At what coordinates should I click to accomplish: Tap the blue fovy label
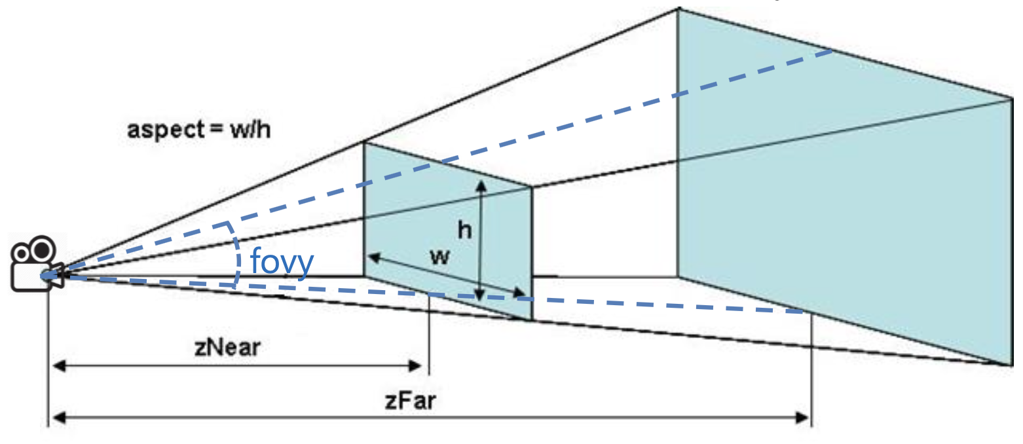click(x=282, y=262)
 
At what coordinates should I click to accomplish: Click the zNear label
click(x=227, y=347)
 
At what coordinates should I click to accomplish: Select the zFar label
click(x=410, y=400)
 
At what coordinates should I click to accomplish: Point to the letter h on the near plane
click(x=464, y=231)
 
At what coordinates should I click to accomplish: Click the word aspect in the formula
click(x=166, y=129)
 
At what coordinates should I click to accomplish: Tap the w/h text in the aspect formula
click(x=249, y=129)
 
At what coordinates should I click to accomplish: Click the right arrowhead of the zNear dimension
click(x=422, y=365)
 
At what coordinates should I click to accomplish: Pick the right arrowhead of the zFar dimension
click(x=804, y=417)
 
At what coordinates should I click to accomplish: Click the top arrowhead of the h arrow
click(x=482, y=185)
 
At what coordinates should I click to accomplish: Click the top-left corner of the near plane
click(x=364, y=143)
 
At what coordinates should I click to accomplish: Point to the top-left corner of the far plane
click(x=678, y=9)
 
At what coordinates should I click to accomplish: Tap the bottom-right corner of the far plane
click(x=1011, y=364)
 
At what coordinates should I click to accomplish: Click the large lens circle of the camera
click(x=43, y=249)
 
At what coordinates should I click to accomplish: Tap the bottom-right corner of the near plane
click(x=531, y=320)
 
